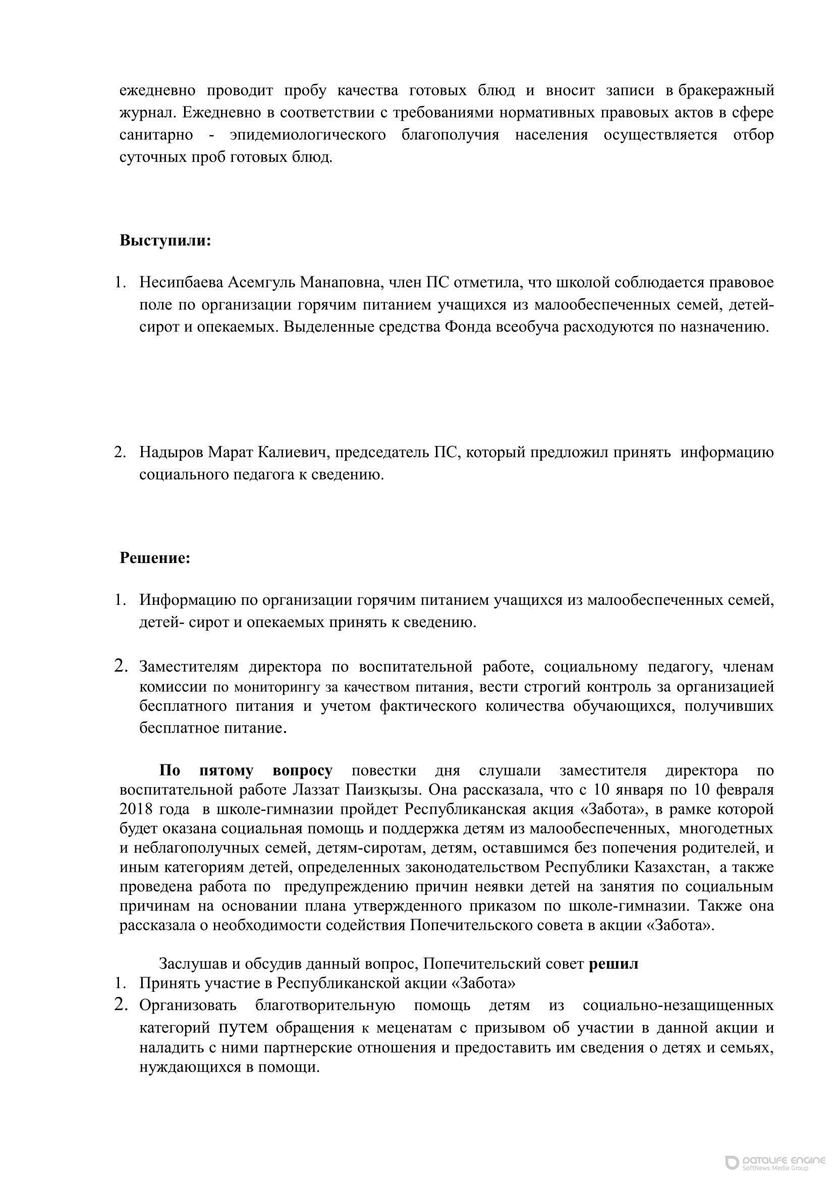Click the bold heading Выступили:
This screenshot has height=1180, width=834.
point(165,241)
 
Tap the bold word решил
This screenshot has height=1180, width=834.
point(613,964)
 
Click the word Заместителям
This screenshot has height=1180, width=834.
point(189,667)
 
